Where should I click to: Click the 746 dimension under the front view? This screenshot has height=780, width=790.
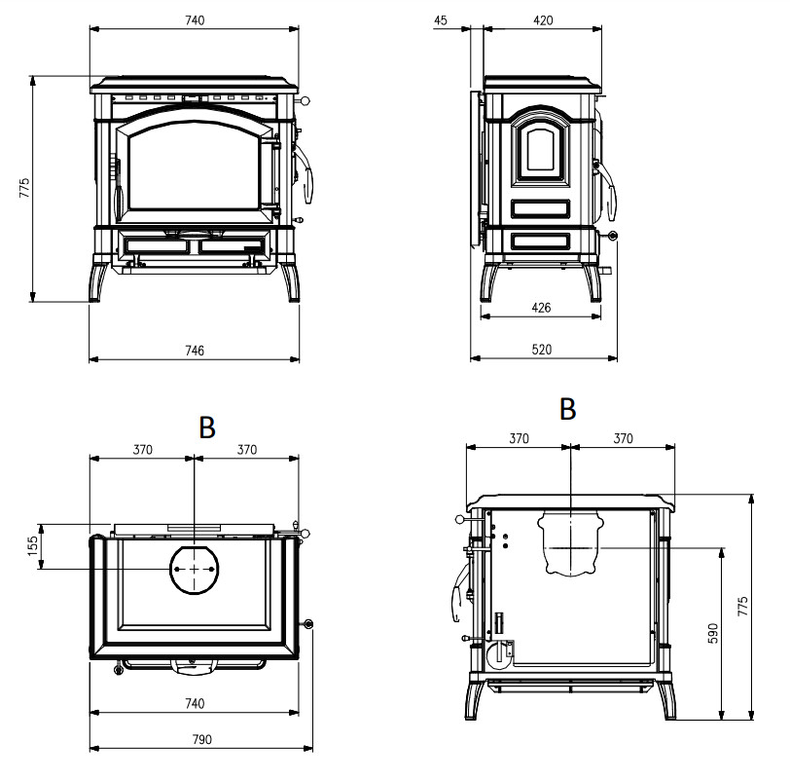tap(195, 351)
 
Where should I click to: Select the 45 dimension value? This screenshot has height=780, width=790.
tap(442, 21)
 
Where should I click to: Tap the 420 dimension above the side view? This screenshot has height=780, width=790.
tap(542, 21)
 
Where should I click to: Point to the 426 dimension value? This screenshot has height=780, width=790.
tap(542, 308)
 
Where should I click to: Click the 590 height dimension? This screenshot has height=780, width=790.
tap(712, 633)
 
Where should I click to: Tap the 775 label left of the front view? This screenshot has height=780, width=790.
tap(24, 188)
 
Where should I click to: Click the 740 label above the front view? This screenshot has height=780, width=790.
tap(195, 21)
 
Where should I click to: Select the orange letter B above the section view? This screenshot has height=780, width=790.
tap(568, 409)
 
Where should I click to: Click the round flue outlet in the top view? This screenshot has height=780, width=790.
tap(196, 568)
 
